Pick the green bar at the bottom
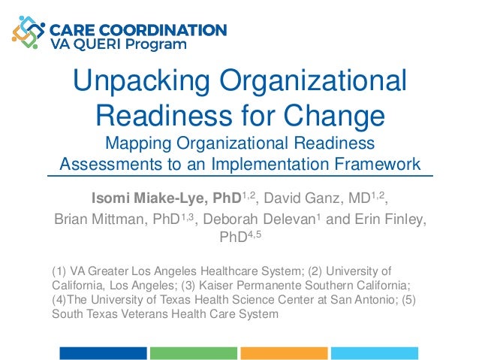coord(193,352)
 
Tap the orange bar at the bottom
coord(284,352)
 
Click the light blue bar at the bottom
coord(374,352)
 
